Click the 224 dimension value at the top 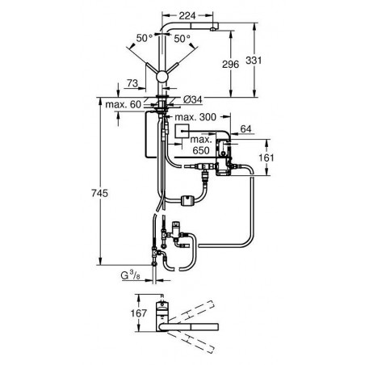pyautogui.click(x=187, y=16)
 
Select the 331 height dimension pyautogui.click(x=254, y=60)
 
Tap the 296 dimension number pyautogui.click(x=230, y=65)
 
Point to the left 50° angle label pyautogui.click(x=145, y=38)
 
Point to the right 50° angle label pyautogui.click(x=182, y=39)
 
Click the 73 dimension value pyautogui.click(x=132, y=83)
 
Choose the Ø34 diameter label pyautogui.click(x=192, y=100)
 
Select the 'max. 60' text pyautogui.click(x=123, y=104)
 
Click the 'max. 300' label pyautogui.click(x=195, y=117)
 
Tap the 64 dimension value pyautogui.click(x=245, y=129)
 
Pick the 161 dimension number pyautogui.click(x=266, y=157)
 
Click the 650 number pyautogui.click(x=201, y=150)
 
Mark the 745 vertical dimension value pyautogui.click(x=99, y=193)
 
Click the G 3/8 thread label pyautogui.click(x=131, y=275)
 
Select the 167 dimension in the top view pyautogui.click(x=139, y=313)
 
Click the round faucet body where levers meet pyautogui.click(x=162, y=76)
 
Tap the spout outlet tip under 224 pyautogui.click(x=213, y=29)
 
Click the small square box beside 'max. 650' pyautogui.click(x=182, y=131)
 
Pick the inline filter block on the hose pyautogui.click(x=186, y=200)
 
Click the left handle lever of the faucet pyautogui.click(x=152, y=69)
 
